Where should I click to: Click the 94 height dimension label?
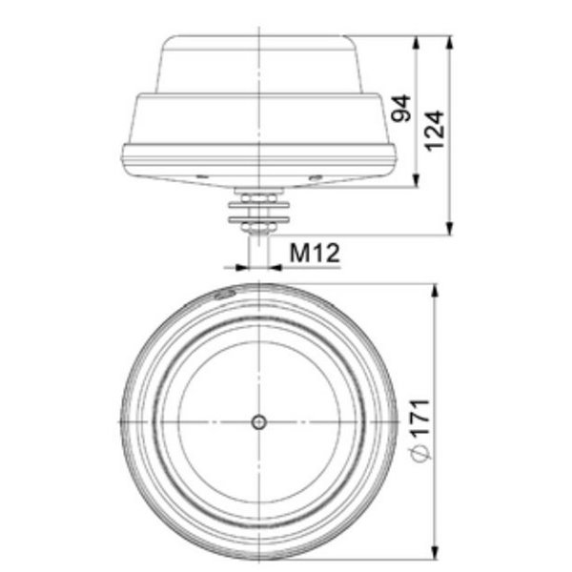[401, 111]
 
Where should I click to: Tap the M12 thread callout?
[314, 253]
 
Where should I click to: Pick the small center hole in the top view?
[258, 421]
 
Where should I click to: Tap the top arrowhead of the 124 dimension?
[450, 41]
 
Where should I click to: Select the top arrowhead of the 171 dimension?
[435, 289]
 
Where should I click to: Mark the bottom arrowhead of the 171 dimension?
[435, 556]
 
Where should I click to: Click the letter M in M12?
[298, 253]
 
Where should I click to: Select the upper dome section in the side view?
[259, 62]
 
